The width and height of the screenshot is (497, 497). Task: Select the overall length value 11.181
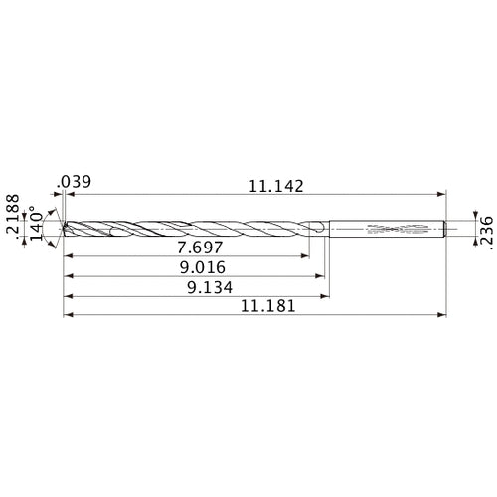(x=266, y=308)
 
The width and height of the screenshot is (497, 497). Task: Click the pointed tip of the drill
(x=63, y=229)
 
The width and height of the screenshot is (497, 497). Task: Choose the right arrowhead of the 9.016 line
(x=321, y=276)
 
